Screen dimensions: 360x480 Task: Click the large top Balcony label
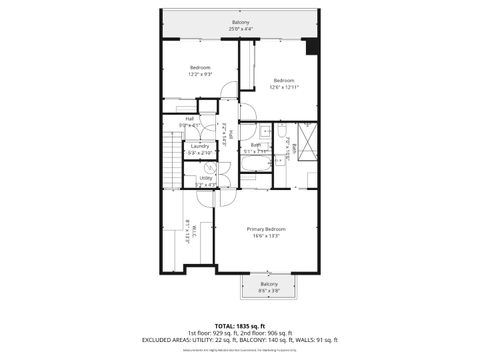[x=240, y=22]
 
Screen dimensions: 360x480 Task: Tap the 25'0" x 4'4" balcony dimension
[x=240, y=29]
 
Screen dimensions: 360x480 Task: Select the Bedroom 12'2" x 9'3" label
[x=201, y=69]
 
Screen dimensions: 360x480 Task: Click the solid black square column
[x=312, y=47]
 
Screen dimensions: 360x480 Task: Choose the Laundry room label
[x=200, y=146]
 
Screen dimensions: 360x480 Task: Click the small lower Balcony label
[x=269, y=284]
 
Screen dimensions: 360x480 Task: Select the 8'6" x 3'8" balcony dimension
[x=269, y=291]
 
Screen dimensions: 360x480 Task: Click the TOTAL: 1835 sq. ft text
[x=240, y=326]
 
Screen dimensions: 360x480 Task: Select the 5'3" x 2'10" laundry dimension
[x=200, y=153]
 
